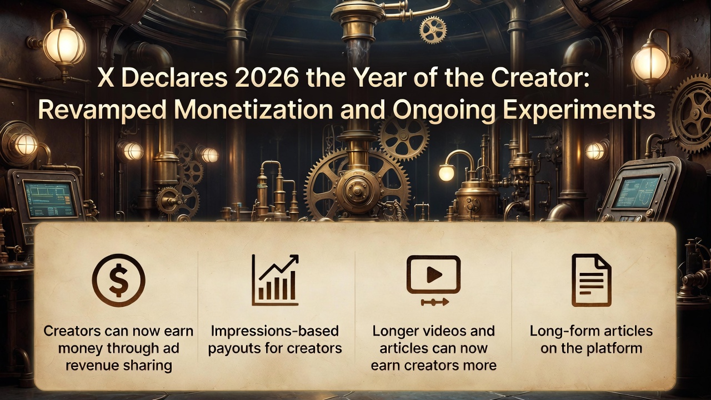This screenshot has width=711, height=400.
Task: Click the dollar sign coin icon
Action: pyautogui.click(x=118, y=281)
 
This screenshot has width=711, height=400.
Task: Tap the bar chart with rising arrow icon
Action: pyautogui.click(x=276, y=280)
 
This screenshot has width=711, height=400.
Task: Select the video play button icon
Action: pyautogui.click(x=433, y=275)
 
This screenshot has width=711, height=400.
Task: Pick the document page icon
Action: pyautogui.click(x=591, y=280)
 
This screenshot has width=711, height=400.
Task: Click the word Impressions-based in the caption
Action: pyautogui.click(x=275, y=332)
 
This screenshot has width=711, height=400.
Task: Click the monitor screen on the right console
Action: pyautogui.click(x=638, y=192)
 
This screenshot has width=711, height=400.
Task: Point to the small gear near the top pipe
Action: pyautogui.click(x=433, y=29)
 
